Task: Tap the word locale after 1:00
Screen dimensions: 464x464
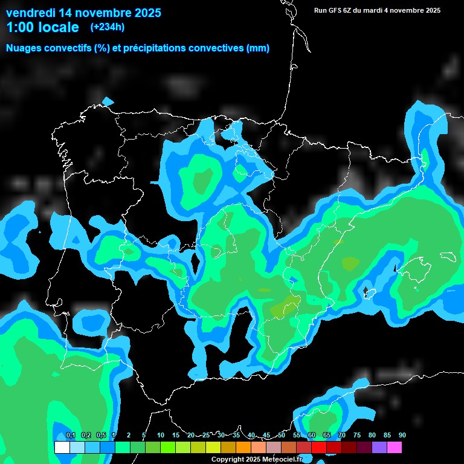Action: point(55,27)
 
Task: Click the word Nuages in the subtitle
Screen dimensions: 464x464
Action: point(24,48)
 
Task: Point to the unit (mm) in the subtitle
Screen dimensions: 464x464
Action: point(258,48)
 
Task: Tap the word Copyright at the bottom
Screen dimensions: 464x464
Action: point(228,460)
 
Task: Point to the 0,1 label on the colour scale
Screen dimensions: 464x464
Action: point(70,436)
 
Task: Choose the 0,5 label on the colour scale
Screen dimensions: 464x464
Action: point(100,436)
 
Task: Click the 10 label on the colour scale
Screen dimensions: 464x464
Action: point(161,436)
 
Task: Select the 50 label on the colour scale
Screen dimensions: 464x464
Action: point(282,436)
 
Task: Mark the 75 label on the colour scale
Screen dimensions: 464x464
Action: point(357,436)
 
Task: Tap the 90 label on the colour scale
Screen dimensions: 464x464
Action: point(402,436)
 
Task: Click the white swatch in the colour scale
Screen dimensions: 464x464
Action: point(62,447)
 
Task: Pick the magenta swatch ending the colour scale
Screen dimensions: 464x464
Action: point(395,447)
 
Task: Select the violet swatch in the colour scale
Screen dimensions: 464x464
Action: point(379,447)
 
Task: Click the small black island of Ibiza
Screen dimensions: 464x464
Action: point(365,294)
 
